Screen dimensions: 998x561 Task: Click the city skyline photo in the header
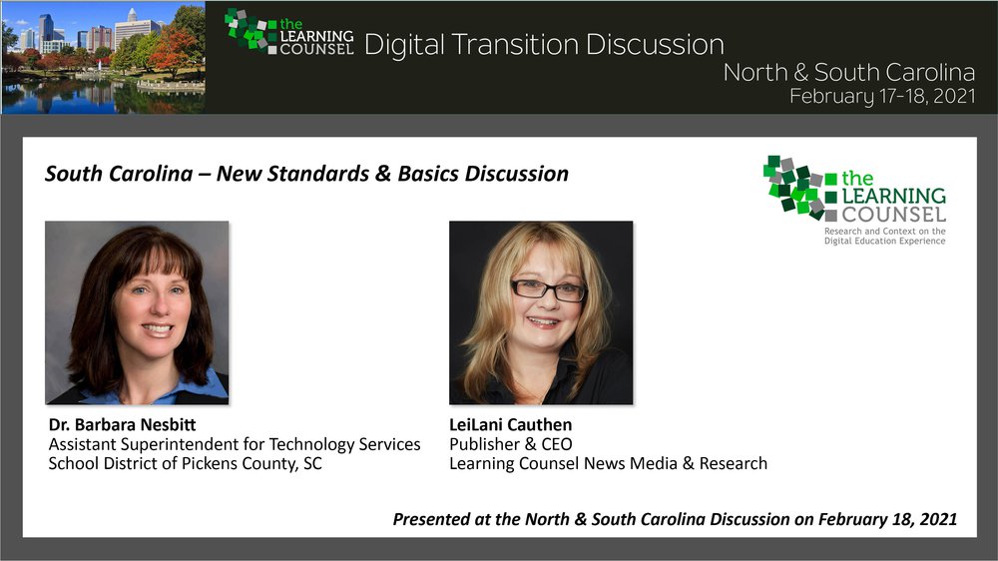[x=103, y=57]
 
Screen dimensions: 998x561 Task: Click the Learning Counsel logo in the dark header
[x=289, y=33]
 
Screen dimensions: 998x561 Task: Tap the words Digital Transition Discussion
[x=544, y=45]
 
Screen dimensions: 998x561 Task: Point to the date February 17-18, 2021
[x=882, y=96]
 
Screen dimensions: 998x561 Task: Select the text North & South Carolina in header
[x=849, y=72]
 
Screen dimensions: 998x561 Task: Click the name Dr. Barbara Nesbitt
[x=122, y=424]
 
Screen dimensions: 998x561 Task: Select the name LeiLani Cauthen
[x=510, y=424]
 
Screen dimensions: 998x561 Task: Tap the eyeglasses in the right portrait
[x=548, y=289]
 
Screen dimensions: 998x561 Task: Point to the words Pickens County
[x=239, y=463]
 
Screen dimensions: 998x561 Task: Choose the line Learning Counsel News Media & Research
[x=608, y=463]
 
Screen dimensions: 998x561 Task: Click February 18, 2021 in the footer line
[x=887, y=520]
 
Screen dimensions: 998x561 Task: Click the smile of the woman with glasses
[x=543, y=322]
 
